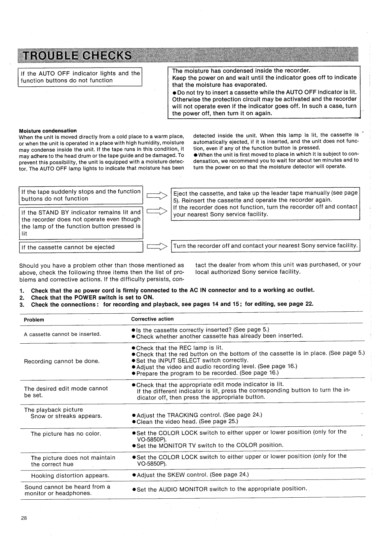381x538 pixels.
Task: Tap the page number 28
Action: coord(24,518)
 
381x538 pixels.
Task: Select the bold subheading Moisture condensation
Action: coord(48,131)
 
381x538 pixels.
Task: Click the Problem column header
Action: coord(34,320)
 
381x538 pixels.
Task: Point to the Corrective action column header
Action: coord(152,319)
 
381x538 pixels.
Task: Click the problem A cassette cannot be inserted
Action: coord(62,334)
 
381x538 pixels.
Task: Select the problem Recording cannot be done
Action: coord(62,361)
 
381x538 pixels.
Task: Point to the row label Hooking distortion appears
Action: coord(70,475)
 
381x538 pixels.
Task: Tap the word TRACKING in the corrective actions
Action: coord(185,415)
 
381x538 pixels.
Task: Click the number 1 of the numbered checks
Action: coord(22,291)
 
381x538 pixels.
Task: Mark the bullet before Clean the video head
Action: coord(134,422)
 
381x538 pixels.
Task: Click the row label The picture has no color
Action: coord(66,434)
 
